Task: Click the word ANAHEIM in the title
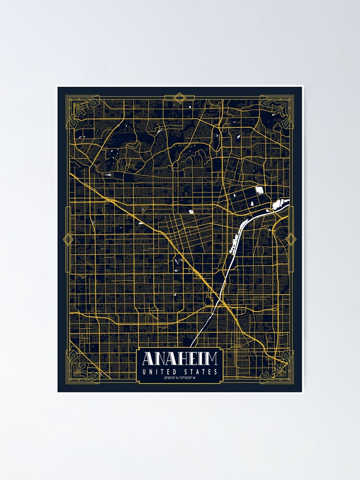180,359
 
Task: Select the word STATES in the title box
201,372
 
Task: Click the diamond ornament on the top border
180,98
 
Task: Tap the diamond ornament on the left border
68,239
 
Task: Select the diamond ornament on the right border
290,239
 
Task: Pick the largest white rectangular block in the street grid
260,190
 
